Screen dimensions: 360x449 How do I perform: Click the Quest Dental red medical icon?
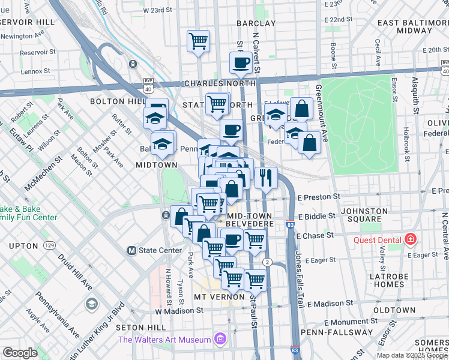[x=411, y=240]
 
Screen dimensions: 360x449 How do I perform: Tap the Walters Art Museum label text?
[x=164, y=340]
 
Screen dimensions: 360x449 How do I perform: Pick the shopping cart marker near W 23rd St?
[x=198, y=41]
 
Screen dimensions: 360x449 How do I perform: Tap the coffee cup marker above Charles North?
[x=241, y=62]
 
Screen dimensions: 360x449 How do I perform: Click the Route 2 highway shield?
[x=268, y=262]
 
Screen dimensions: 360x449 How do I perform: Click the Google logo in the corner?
[x=20, y=353]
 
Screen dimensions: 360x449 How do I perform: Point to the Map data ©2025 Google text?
[x=411, y=355]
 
